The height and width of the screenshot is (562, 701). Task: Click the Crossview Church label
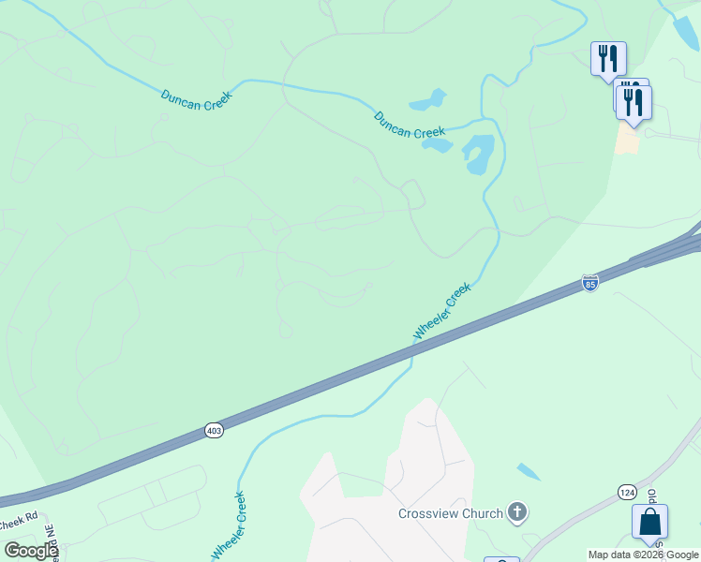(x=451, y=513)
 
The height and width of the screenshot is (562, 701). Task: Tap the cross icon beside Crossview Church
(x=516, y=512)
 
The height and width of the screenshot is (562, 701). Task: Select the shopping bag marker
(x=649, y=523)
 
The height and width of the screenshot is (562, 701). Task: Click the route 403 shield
(x=214, y=430)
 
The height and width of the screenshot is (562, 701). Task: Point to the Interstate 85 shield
(x=589, y=282)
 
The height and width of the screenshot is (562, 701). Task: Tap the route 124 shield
(x=628, y=492)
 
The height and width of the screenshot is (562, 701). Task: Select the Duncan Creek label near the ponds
(x=409, y=124)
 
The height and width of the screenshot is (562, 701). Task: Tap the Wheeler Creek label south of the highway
(x=228, y=525)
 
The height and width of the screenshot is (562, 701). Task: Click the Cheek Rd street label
(x=19, y=516)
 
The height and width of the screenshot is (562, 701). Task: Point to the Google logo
(x=30, y=551)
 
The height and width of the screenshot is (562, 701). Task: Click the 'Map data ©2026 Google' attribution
(x=643, y=555)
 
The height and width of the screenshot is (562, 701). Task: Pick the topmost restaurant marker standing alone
(x=608, y=59)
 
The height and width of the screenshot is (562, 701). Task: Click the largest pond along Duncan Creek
(x=478, y=154)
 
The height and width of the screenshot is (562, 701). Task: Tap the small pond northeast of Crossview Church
(x=529, y=472)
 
